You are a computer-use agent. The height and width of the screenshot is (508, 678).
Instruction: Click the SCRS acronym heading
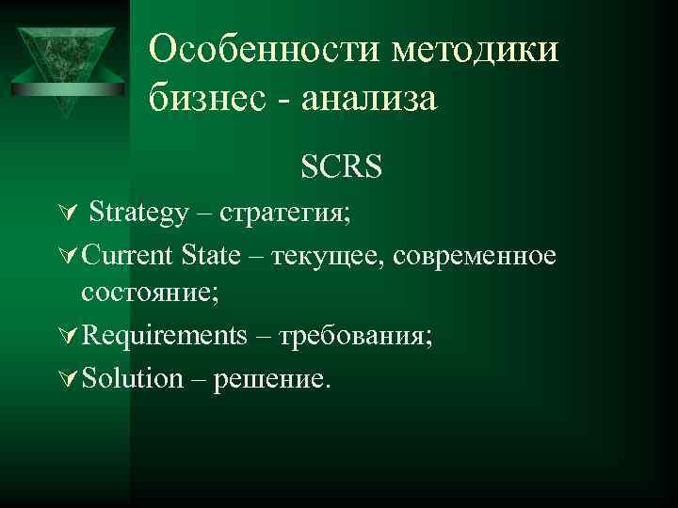tap(341, 167)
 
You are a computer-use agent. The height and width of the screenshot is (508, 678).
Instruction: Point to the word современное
tap(476, 256)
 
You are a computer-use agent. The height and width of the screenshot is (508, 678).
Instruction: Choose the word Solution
tap(133, 378)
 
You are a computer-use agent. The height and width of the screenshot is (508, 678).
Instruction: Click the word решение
tap(273, 378)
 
